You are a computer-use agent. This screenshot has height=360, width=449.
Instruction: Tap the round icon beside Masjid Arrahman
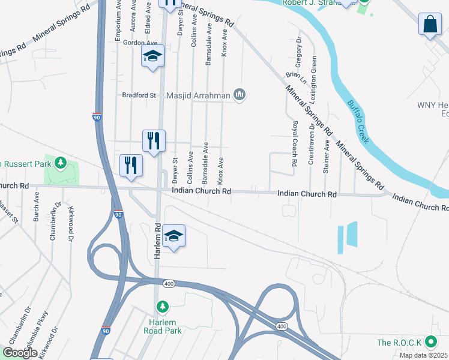pos(240,94)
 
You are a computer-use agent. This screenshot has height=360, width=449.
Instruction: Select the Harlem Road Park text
pos(162,326)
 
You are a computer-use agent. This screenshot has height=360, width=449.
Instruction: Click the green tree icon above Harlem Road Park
pos(162,307)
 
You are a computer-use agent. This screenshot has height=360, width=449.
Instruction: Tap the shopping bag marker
pos(430,25)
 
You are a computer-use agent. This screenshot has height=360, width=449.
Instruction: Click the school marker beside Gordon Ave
pos(152,57)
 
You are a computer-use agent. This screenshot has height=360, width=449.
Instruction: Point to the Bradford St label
pos(139,95)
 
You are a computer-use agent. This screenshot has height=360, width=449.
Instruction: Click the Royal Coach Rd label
pos(295,144)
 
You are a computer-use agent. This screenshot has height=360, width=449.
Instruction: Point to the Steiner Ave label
pos(327,157)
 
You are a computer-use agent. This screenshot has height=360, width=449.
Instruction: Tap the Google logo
pos(19,353)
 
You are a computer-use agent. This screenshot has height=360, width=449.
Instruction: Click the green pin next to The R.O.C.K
pos(430,343)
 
